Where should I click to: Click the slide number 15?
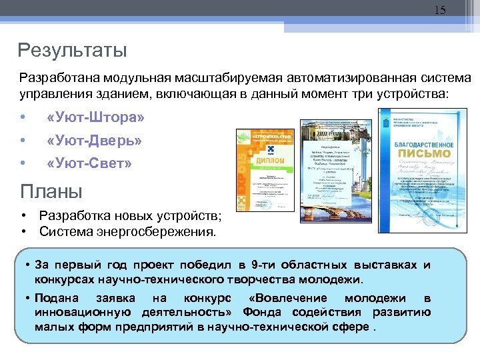[x=440, y=10]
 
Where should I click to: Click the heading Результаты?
[x=72, y=50]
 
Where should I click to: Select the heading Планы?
[x=51, y=192]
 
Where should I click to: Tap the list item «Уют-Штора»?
[x=95, y=118]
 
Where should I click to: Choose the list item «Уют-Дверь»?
[x=94, y=141]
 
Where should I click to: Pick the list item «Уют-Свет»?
[x=89, y=163]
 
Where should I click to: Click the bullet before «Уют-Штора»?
[x=23, y=118]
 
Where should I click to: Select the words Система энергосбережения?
[x=127, y=232]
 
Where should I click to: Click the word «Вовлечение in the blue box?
[x=287, y=298]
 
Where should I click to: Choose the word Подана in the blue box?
[x=57, y=298]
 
